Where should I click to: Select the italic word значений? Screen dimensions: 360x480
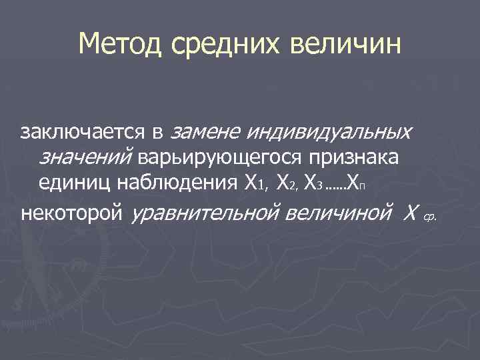(x=87, y=157)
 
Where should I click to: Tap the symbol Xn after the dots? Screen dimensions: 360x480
(x=356, y=181)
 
